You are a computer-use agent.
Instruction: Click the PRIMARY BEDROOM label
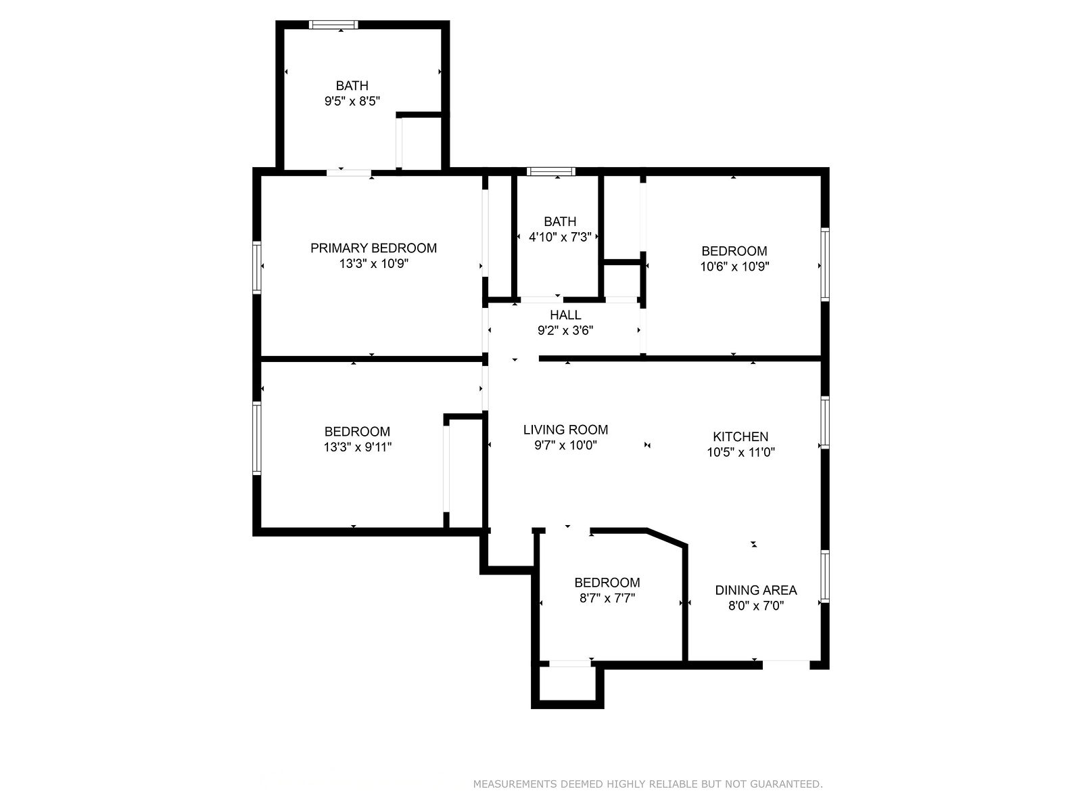(373, 248)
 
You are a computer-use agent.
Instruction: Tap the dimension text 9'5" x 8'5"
(352, 101)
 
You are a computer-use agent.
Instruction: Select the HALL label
(565, 315)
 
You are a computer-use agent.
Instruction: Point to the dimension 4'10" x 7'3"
(560, 238)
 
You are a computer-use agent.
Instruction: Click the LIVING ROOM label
(565, 430)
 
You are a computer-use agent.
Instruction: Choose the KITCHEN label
(740, 436)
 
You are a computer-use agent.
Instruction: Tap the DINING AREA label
(755, 589)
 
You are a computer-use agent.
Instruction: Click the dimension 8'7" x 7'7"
(607, 598)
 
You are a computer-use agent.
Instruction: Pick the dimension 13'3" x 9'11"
(357, 447)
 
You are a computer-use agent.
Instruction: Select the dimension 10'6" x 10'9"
(734, 267)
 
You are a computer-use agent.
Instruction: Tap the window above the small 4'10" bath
(550, 172)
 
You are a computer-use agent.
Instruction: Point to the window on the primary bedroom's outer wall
(257, 267)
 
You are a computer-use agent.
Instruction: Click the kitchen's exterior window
(824, 422)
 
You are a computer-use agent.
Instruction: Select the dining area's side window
(824, 577)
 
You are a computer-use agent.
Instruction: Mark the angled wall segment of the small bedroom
(667, 538)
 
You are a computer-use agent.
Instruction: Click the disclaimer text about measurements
(648, 784)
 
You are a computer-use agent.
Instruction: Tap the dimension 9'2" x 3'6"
(565, 330)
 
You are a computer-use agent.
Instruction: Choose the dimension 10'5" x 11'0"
(740, 452)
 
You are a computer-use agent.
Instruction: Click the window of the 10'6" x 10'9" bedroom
(824, 265)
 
